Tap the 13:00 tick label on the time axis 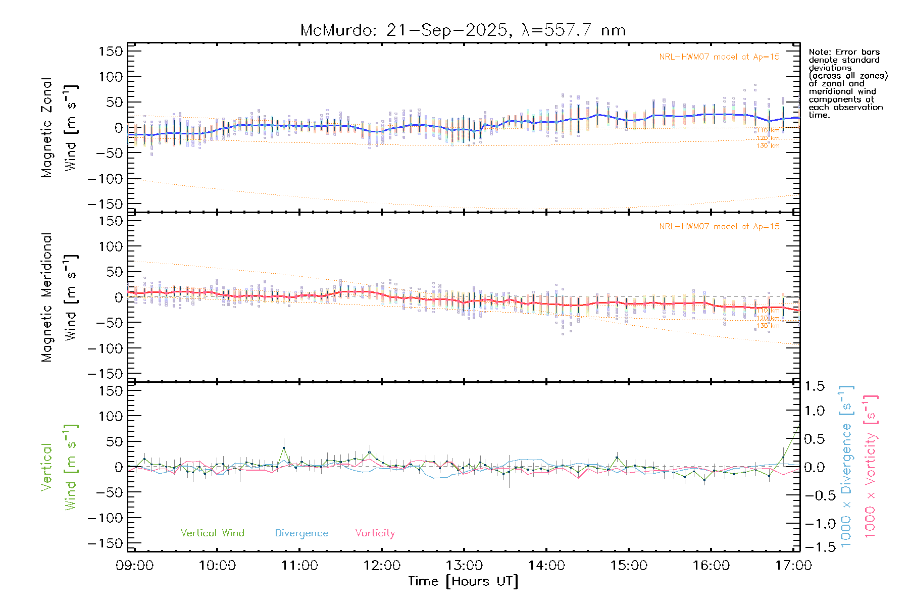click(x=464, y=565)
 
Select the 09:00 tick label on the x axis click(x=134, y=565)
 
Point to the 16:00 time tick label click(x=711, y=565)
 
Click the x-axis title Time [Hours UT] click(x=463, y=581)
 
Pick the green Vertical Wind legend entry click(x=212, y=533)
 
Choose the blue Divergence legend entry click(x=301, y=533)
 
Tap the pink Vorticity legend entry click(x=375, y=533)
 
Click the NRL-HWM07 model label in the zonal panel click(x=719, y=57)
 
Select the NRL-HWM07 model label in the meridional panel click(x=719, y=227)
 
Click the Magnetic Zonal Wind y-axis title click(x=60, y=128)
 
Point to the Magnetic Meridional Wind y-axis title click(x=60, y=297)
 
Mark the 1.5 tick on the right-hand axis click(x=815, y=386)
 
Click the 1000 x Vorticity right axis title click(x=871, y=466)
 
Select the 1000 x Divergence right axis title click(x=846, y=466)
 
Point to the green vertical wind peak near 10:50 click(x=284, y=448)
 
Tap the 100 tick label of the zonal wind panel click(x=111, y=77)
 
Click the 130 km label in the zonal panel click(x=768, y=146)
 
